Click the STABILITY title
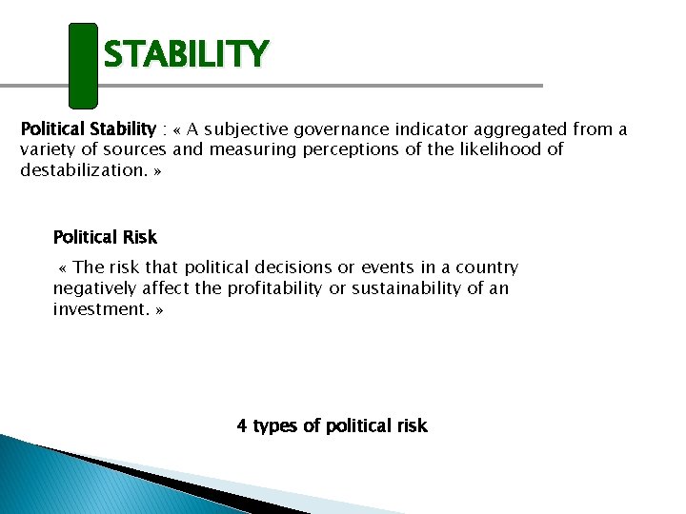click(186, 54)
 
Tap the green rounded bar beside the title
click(83, 65)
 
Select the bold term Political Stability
click(88, 128)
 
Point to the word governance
click(341, 128)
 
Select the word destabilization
click(82, 170)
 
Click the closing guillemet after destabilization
click(156, 170)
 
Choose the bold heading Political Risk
click(105, 237)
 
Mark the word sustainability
click(406, 288)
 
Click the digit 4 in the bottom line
click(242, 425)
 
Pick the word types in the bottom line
click(275, 426)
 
